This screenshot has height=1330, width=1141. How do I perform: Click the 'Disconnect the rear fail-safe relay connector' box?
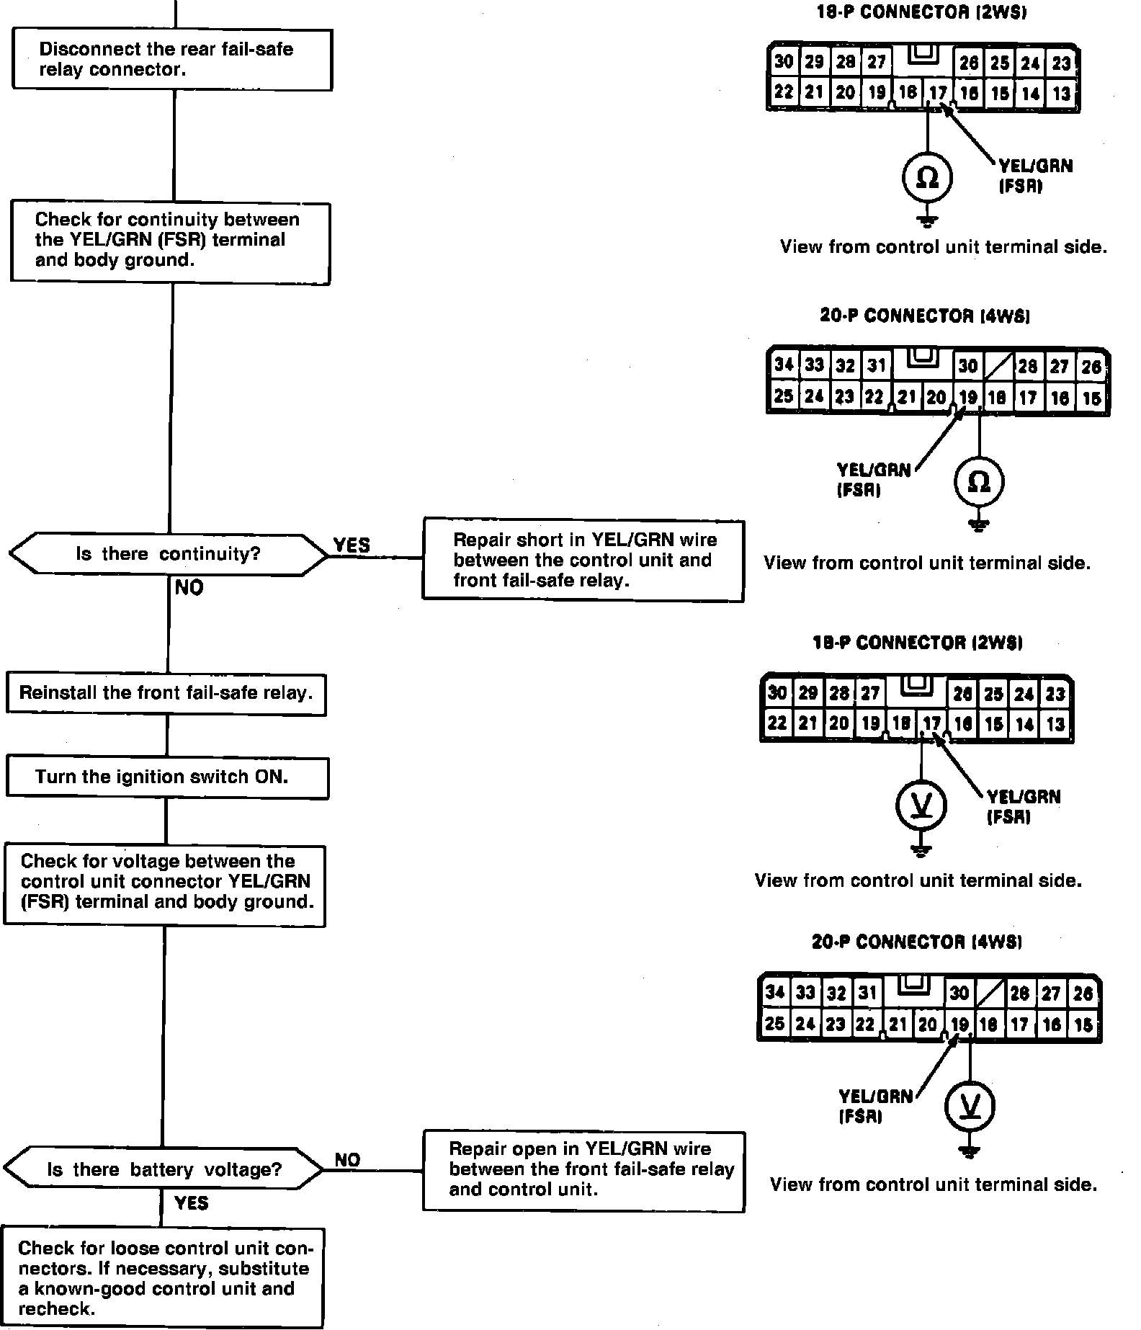(171, 60)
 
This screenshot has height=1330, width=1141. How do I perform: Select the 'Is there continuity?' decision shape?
(168, 554)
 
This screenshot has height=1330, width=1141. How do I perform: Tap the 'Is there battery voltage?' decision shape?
(164, 1169)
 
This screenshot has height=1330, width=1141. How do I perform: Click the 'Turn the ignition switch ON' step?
(167, 777)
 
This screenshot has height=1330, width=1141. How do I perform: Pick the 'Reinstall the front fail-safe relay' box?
(166, 694)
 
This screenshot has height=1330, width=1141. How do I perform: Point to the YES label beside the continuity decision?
(352, 545)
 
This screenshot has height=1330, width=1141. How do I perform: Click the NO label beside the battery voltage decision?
(347, 1160)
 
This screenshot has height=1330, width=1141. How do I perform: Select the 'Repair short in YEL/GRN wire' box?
(583, 560)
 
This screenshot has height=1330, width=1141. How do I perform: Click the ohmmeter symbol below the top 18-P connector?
(927, 177)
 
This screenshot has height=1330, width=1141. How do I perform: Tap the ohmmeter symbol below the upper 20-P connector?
(978, 481)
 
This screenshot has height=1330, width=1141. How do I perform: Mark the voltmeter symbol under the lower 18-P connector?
(921, 805)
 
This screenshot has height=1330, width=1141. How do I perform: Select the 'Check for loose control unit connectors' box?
(163, 1278)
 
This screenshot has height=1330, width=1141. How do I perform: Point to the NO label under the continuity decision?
(189, 588)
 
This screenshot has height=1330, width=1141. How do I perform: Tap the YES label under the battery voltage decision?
(192, 1202)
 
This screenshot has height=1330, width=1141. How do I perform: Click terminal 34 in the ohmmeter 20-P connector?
(784, 365)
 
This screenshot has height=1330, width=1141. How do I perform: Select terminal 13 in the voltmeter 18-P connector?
(1055, 724)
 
